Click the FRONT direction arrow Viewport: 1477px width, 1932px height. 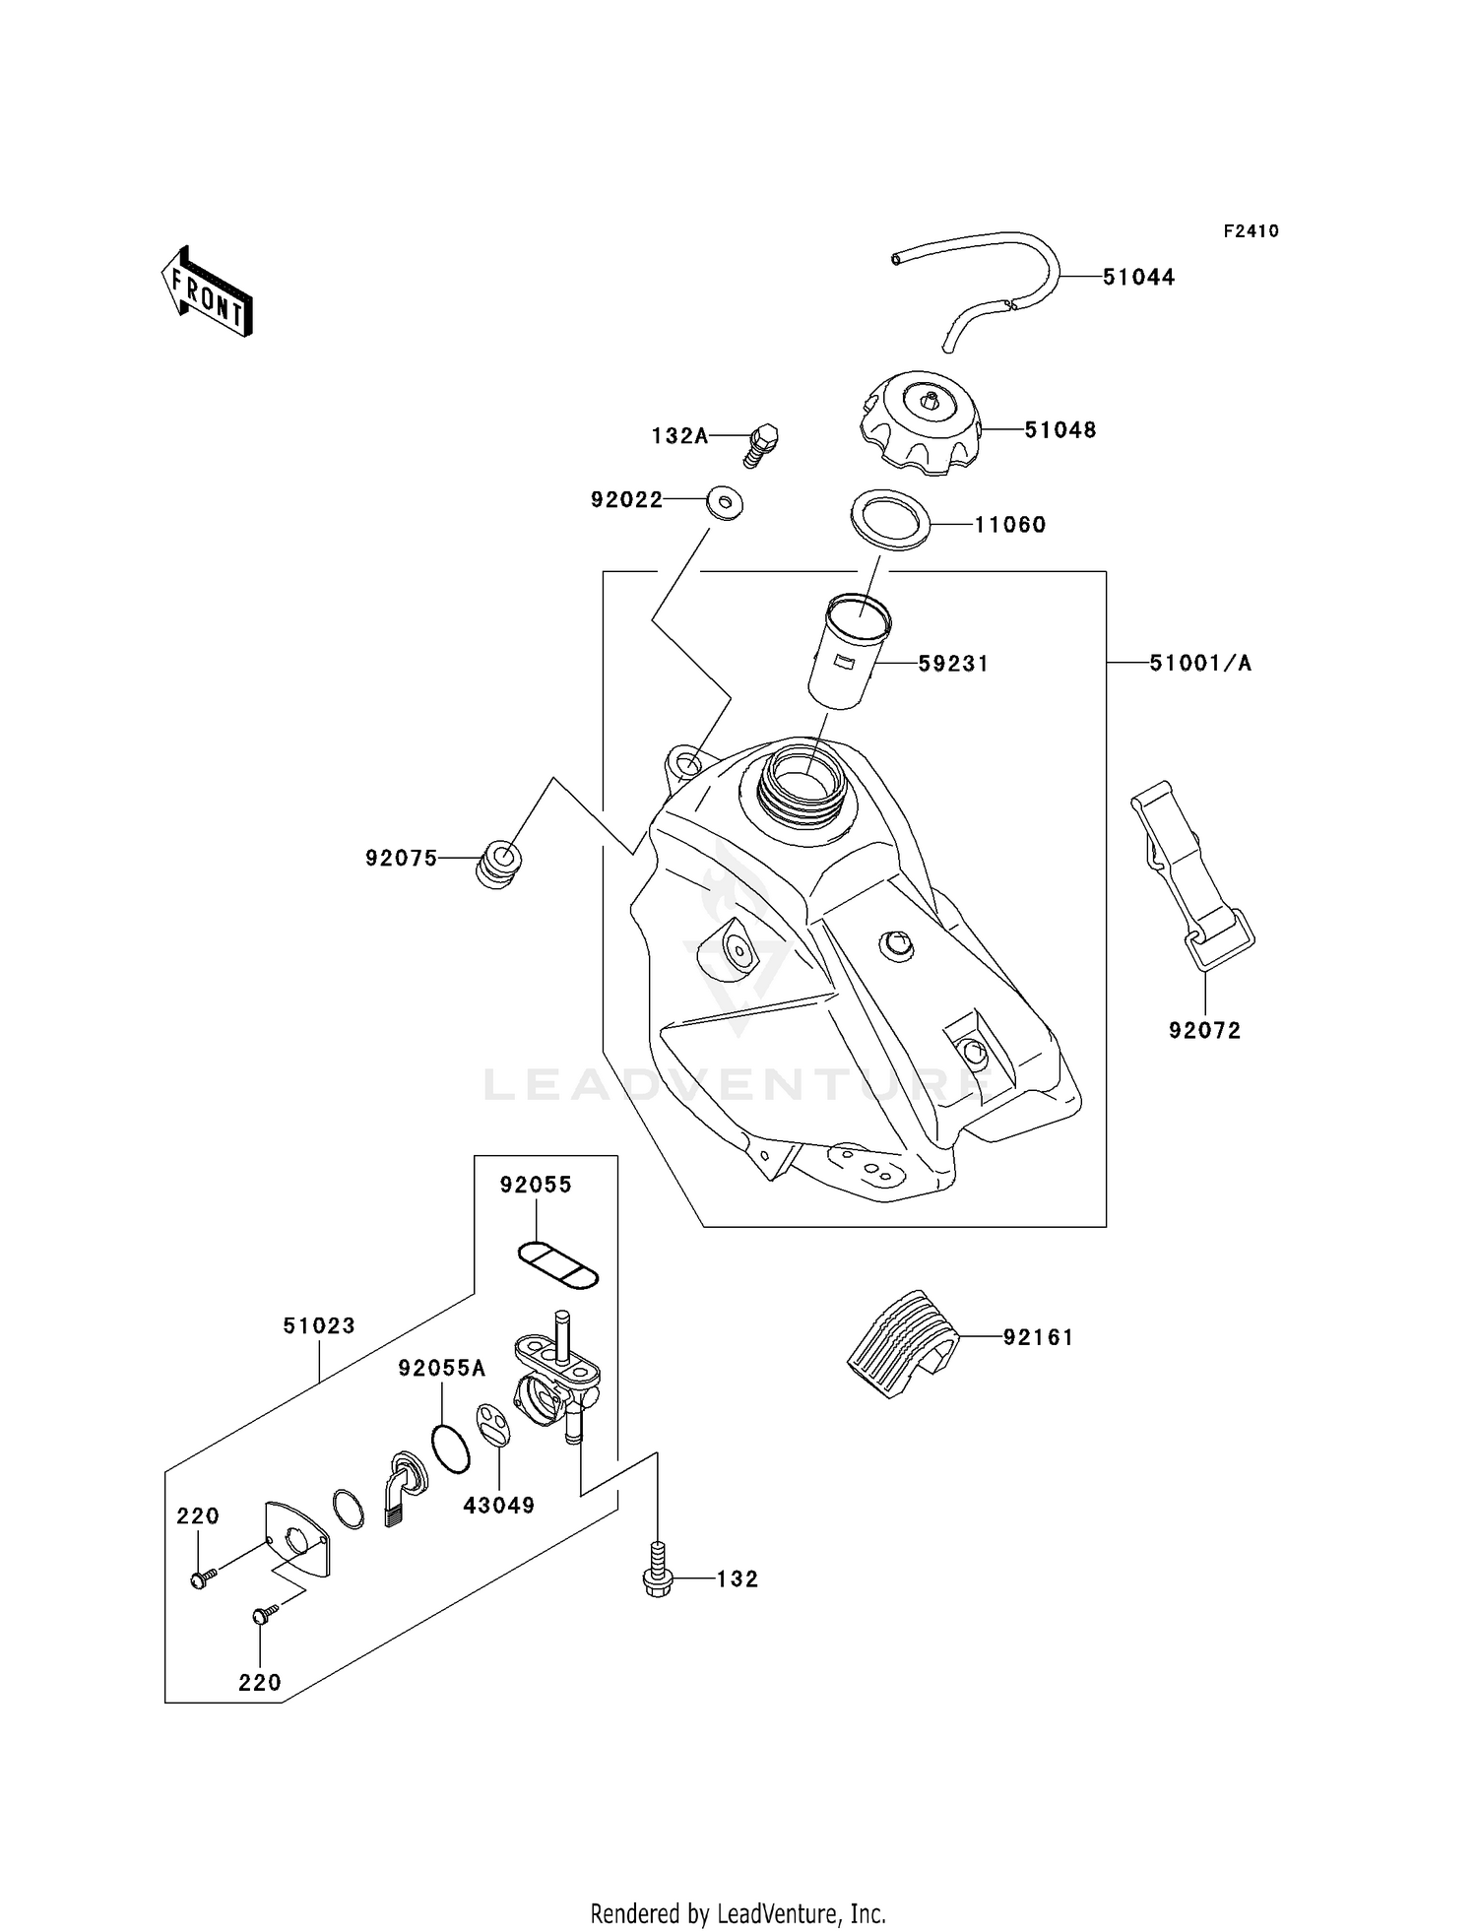[208, 292]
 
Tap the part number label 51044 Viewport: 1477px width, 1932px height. [1138, 278]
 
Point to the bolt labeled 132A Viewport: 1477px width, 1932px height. [762, 443]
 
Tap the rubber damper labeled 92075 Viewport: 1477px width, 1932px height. [499, 864]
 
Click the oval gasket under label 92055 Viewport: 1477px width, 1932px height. [558, 1264]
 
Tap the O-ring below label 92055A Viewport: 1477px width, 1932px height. [450, 1448]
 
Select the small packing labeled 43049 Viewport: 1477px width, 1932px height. [492, 1424]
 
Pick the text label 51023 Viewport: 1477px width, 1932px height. [319, 1325]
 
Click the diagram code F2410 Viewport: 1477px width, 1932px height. [1251, 231]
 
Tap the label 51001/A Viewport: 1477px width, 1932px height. [1200, 664]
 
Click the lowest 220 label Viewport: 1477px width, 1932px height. [260, 1683]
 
